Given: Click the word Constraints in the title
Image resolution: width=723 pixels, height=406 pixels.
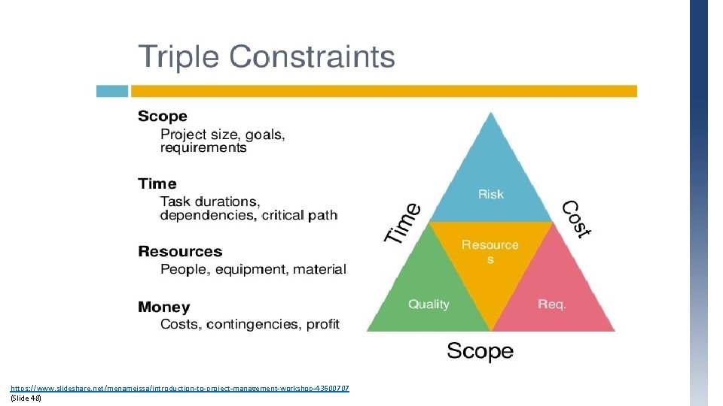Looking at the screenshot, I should click(312, 57).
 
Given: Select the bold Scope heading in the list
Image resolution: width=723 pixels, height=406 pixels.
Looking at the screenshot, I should click(162, 117).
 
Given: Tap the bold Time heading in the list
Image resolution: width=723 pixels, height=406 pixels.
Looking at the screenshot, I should click(157, 184).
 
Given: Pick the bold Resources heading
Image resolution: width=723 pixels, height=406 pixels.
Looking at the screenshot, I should click(180, 252).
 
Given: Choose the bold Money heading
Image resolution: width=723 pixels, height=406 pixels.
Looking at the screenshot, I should click(163, 308).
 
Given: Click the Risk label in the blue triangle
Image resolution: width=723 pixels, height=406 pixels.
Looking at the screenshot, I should click(490, 195).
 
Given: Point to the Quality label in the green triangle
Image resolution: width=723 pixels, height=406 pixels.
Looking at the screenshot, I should click(429, 304).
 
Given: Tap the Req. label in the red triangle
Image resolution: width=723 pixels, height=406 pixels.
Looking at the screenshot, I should click(551, 304).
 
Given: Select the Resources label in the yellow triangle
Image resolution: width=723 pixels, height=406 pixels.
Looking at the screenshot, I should click(490, 251).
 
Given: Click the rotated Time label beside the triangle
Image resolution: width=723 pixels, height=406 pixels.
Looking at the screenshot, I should click(403, 223).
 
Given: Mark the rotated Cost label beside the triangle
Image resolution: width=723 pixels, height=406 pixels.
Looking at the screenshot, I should click(578, 219).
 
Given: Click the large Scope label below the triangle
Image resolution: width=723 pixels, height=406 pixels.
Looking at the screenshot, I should click(480, 351).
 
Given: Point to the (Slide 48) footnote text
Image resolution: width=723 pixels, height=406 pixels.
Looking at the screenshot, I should click(26, 398).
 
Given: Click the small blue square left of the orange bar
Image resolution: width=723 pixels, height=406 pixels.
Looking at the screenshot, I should click(111, 91).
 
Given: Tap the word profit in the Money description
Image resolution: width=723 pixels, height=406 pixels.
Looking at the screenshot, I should click(323, 325).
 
